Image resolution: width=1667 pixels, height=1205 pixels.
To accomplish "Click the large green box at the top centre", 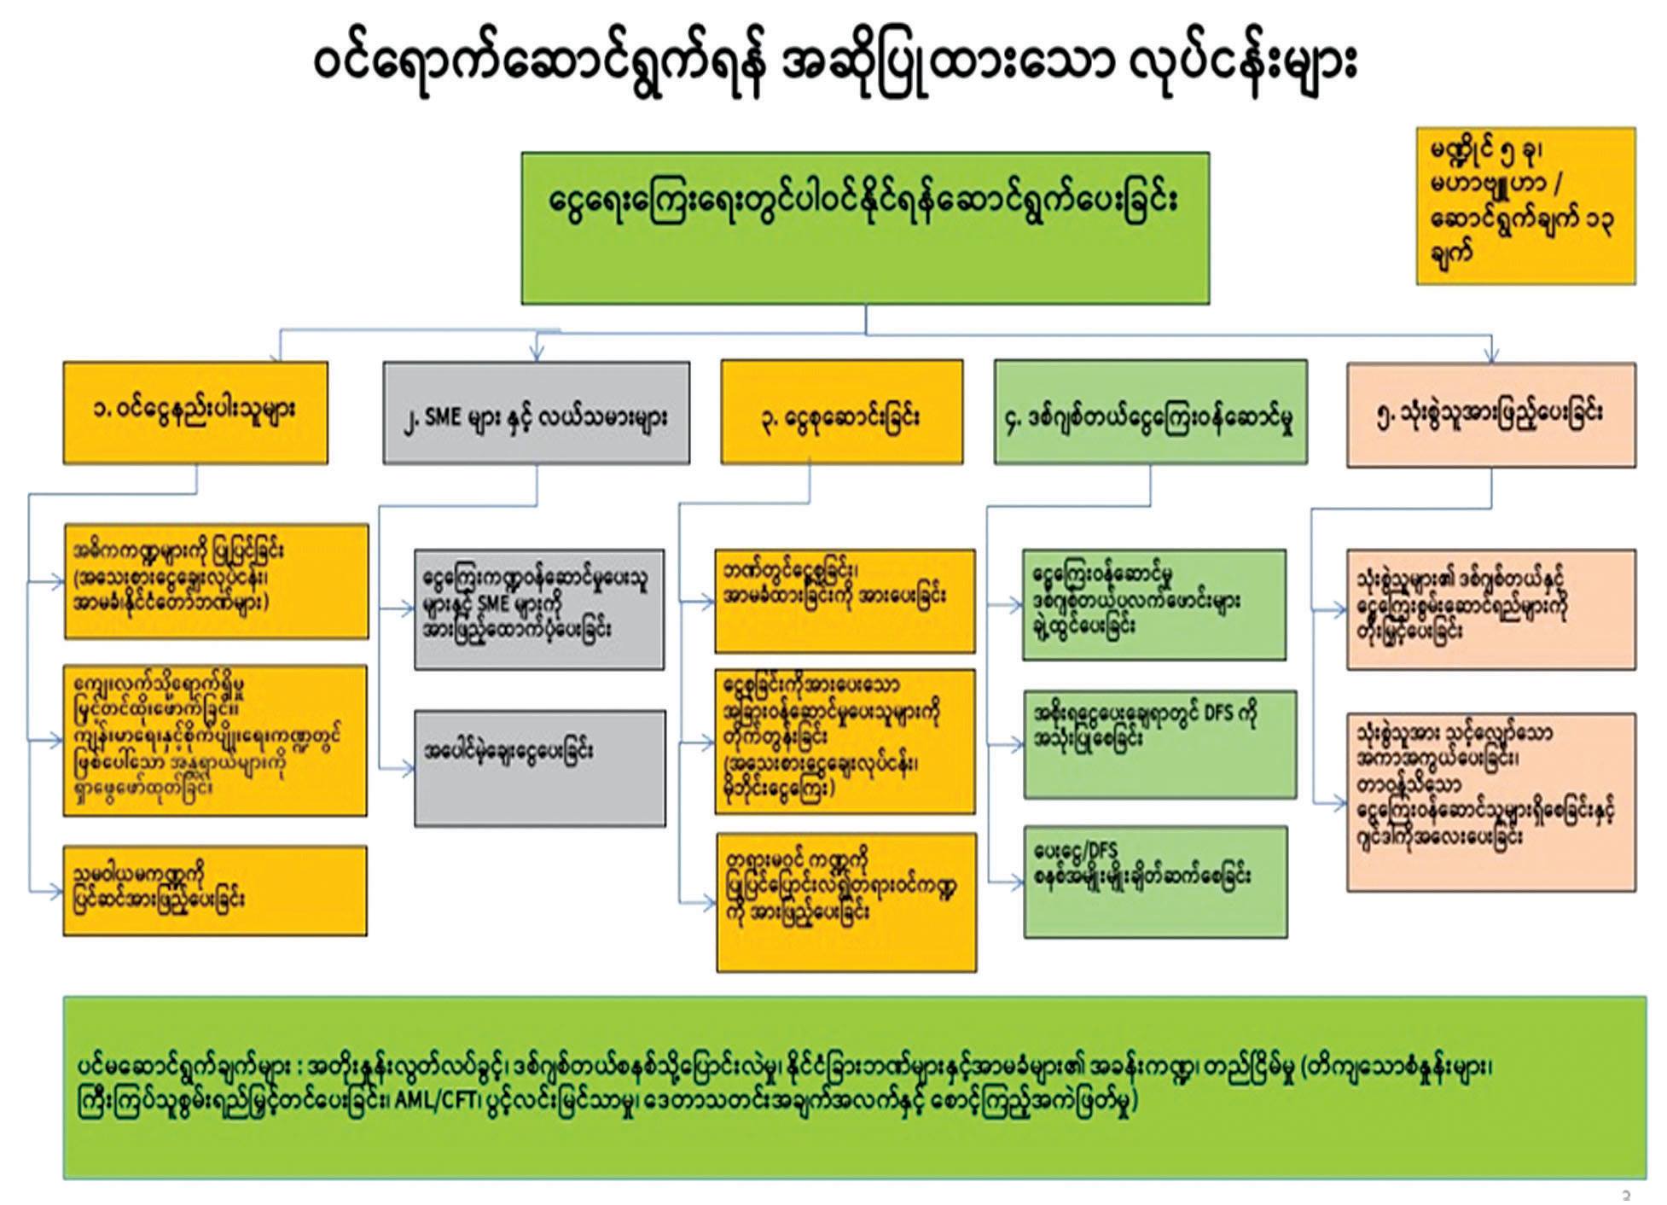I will (x=865, y=228).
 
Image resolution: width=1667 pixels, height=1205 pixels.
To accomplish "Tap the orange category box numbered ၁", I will (x=195, y=413).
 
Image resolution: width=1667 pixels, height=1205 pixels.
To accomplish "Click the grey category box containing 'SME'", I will (x=536, y=413).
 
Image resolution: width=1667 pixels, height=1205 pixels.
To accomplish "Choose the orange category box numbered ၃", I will (x=841, y=413).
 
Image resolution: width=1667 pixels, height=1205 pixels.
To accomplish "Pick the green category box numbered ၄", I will (x=1150, y=413).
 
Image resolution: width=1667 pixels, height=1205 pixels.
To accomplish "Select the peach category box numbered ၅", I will (x=1490, y=415).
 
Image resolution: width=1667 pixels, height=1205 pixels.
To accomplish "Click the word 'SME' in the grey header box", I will (x=444, y=418).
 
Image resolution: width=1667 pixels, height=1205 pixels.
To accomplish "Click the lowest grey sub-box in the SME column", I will (x=539, y=768).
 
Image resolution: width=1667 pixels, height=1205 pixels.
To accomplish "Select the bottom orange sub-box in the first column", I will (x=215, y=890).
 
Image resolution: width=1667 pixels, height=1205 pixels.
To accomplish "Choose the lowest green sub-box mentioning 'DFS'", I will (x=1155, y=882).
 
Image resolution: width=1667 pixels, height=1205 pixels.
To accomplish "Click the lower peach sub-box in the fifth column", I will (x=1490, y=802).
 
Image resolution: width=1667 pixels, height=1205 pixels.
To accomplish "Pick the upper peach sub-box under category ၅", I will (x=1490, y=609).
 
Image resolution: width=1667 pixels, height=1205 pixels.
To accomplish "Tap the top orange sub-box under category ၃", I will (x=845, y=601).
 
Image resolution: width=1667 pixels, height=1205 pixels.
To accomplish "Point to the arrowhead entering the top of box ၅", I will (x=1490, y=357).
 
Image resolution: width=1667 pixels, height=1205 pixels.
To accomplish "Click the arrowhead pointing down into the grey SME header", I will (x=537, y=353).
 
